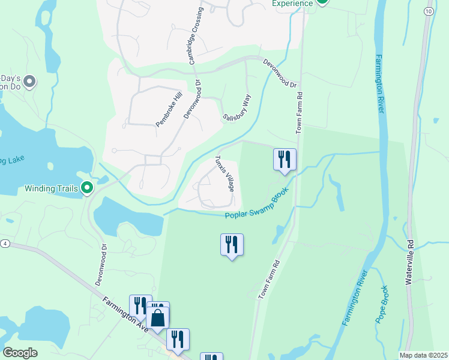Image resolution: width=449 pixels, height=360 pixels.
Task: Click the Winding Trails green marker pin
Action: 87,188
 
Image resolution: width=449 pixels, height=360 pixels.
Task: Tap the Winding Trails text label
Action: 51,188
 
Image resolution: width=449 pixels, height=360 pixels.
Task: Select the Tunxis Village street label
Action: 224,174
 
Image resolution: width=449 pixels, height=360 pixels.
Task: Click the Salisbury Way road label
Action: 237,109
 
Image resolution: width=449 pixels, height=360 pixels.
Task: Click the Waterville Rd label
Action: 411,262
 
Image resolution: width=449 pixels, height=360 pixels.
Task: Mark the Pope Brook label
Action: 382,304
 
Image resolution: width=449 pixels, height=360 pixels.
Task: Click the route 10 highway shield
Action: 427,11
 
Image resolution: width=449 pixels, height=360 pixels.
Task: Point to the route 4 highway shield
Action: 5,243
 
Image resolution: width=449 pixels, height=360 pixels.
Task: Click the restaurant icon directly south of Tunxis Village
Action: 232,245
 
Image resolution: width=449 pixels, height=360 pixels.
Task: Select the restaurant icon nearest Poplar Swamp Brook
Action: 285,160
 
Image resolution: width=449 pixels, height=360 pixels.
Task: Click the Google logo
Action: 20,353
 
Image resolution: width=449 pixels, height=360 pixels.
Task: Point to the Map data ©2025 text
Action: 423,355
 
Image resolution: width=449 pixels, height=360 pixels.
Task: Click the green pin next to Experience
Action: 322,2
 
